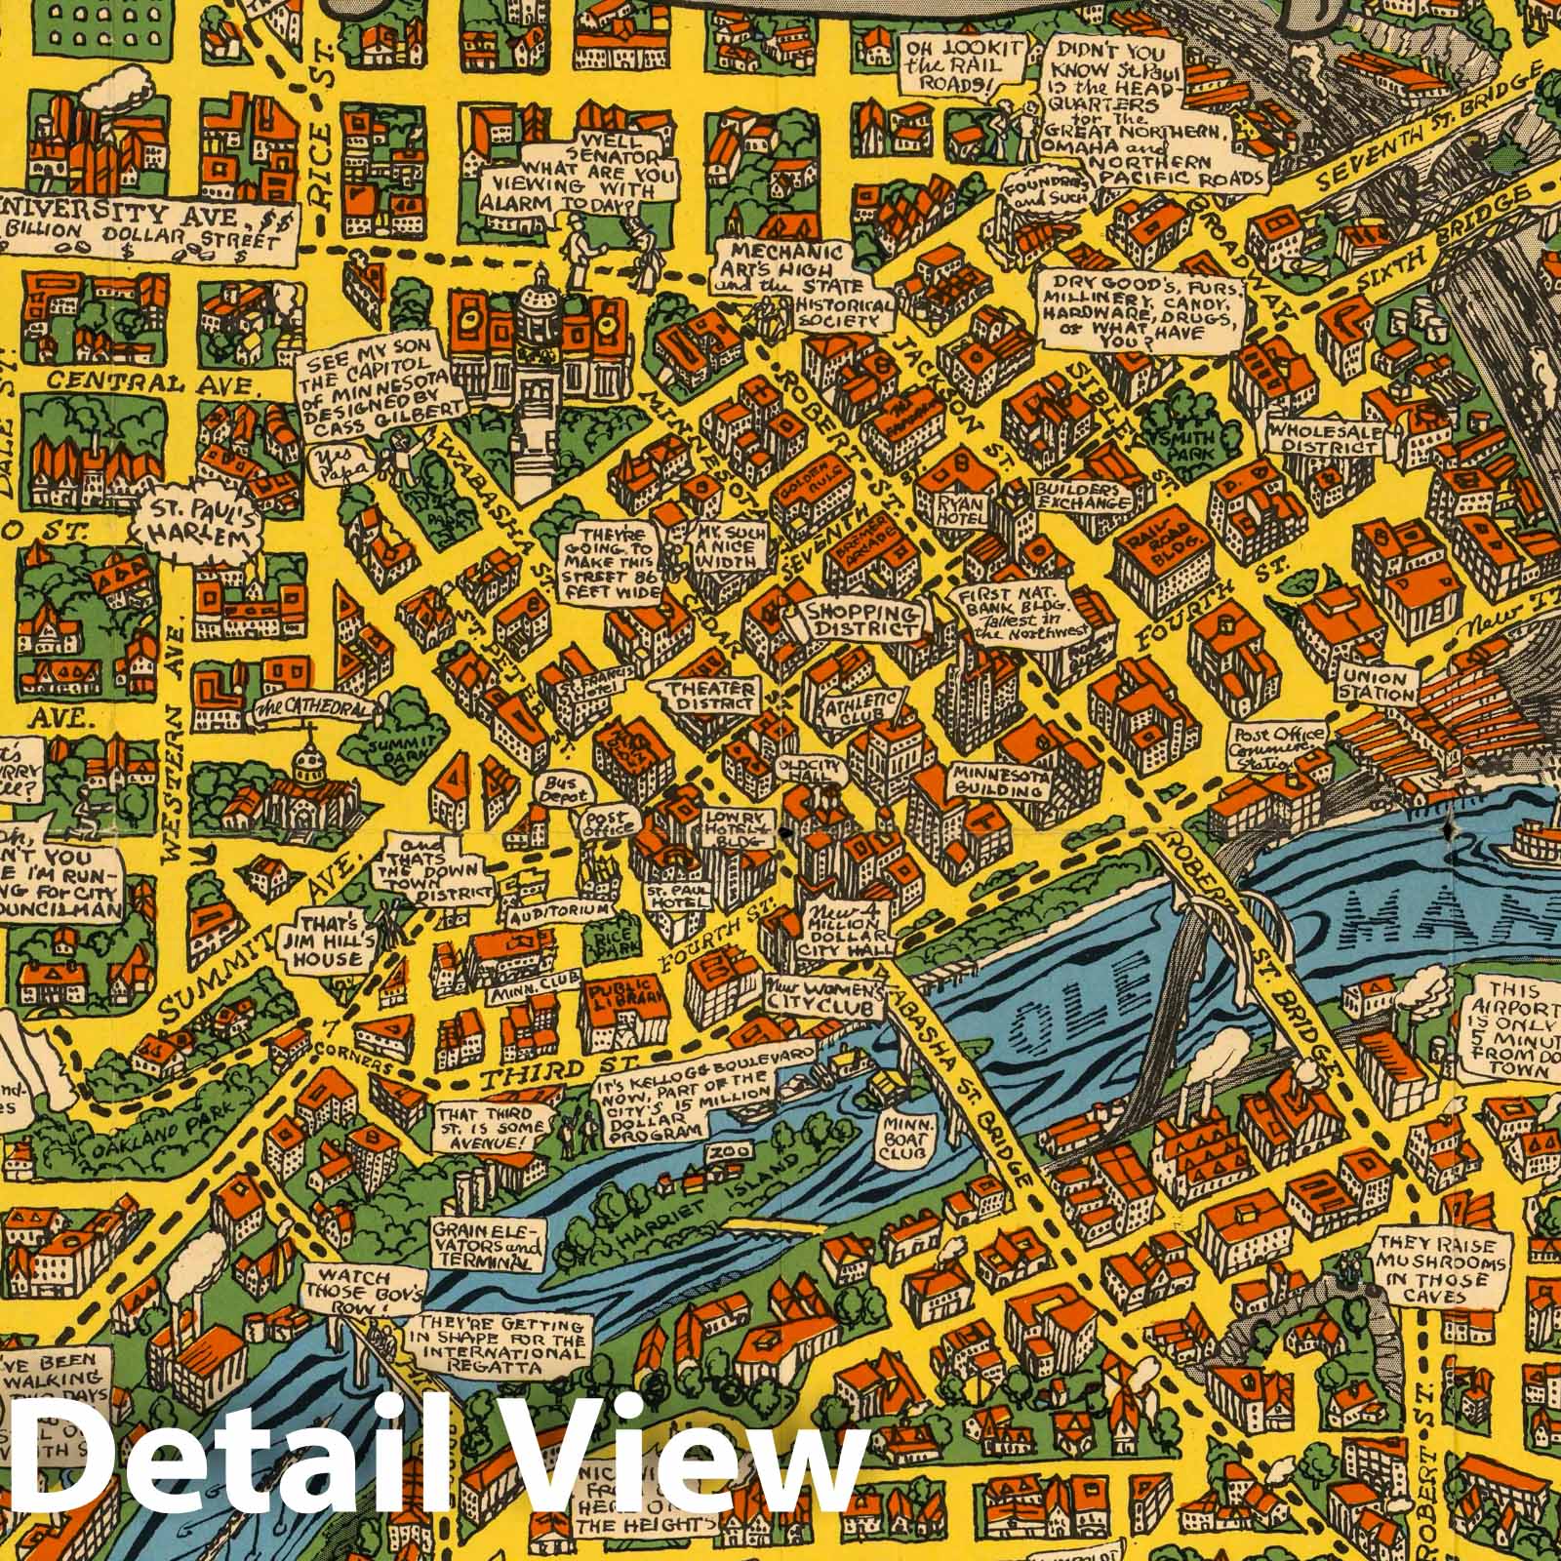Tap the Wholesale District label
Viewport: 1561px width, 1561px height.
(x=1324, y=436)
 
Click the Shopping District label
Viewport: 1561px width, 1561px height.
(x=861, y=620)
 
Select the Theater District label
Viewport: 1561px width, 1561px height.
(x=709, y=696)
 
